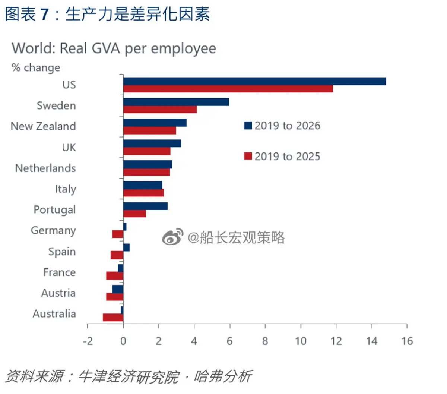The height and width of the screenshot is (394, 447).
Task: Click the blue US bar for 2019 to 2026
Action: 254,81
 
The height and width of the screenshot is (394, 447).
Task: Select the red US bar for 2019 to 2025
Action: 228,89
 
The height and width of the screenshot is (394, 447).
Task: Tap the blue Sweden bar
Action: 176,102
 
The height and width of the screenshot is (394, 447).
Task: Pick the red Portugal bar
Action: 134,214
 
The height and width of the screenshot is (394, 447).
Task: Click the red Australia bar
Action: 113,318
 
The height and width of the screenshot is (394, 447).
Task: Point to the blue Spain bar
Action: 126,248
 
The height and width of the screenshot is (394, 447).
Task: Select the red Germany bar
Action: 118,234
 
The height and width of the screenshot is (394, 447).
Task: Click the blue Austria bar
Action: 118,289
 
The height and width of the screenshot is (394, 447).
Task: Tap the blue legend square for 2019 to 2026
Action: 248,126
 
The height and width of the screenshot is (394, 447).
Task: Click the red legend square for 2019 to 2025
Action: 248,156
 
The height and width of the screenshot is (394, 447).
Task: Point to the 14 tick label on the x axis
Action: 372,341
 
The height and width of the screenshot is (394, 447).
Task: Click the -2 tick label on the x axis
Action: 88,341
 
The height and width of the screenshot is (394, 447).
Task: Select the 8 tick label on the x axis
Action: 265,341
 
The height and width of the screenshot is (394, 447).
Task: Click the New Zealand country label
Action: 43,126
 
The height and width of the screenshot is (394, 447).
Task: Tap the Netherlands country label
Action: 45,168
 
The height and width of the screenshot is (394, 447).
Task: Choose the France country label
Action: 59,272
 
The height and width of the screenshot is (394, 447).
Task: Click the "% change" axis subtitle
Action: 36,67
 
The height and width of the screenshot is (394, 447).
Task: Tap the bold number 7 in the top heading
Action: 45,14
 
